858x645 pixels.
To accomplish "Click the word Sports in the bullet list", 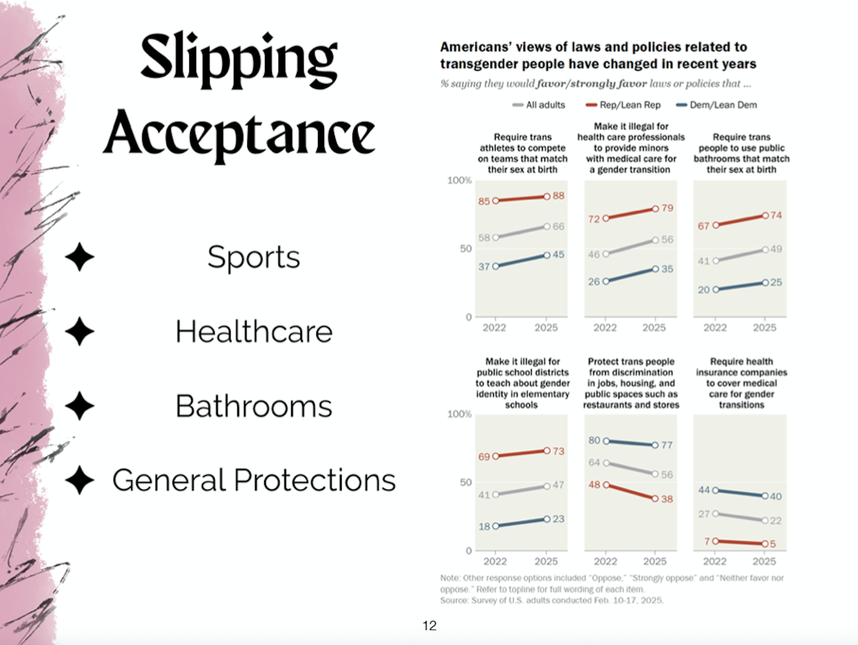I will pyautogui.click(x=253, y=257).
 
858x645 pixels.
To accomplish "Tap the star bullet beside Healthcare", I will pyautogui.click(x=80, y=331).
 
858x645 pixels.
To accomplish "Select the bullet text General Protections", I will pyautogui.click(x=254, y=480).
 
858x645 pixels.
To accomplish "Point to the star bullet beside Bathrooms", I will pyautogui.click(x=80, y=406).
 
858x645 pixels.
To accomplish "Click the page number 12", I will pyautogui.click(x=429, y=626).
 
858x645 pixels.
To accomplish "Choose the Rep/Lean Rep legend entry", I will pyautogui.click(x=623, y=105).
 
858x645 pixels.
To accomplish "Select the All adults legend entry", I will pyautogui.click(x=539, y=105).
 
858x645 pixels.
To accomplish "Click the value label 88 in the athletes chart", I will pyautogui.click(x=559, y=196).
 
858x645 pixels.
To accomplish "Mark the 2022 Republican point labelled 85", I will pyautogui.click(x=496, y=201).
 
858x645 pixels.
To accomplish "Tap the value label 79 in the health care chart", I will pyautogui.click(x=667, y=208).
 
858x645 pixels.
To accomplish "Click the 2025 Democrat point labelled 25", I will pyautogui.click(x=765, y=283).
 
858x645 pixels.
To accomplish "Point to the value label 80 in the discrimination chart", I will pyautogui.click(x=594, y=440).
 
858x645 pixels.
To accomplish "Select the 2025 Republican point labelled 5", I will pyautogui.click(x=765, y=543).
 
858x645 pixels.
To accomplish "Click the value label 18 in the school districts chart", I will pyautogui.click(x=484, y=526).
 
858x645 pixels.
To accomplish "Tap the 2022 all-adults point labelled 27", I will pyautogui.click(x=715, y=514).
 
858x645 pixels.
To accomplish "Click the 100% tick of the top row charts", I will pyautogui.click(x=459, y=180).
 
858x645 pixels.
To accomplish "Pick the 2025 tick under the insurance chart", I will pyautogui.click(x=764, y=561).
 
